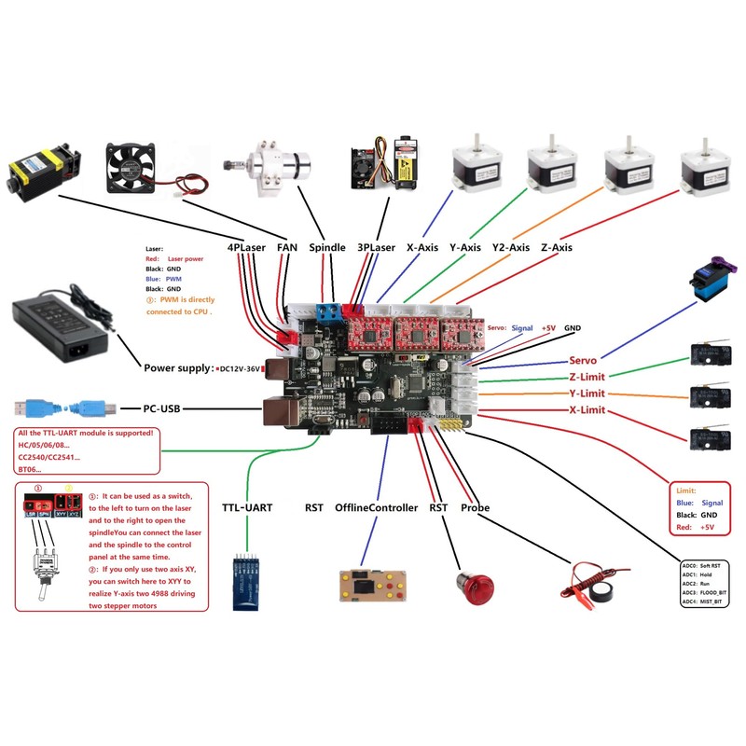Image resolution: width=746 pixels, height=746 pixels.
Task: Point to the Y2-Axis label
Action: tap(511, 248)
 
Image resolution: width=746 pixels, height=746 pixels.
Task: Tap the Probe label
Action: tap(475, 508)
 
